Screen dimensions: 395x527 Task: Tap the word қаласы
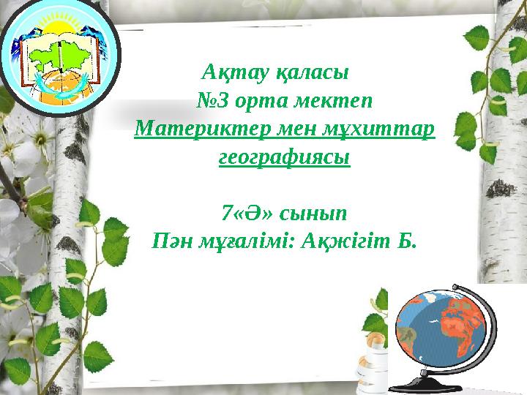point(296,74)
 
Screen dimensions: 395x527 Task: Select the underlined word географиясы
point(285,157)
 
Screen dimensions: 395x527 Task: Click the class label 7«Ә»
point(248,213)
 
